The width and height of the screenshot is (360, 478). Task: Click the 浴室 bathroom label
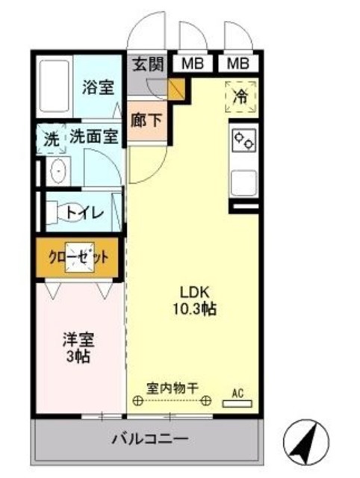pos(99,87)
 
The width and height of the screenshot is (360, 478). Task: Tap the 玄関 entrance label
pos(147,63)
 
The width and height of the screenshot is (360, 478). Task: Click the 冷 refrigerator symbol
pos(240,96)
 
